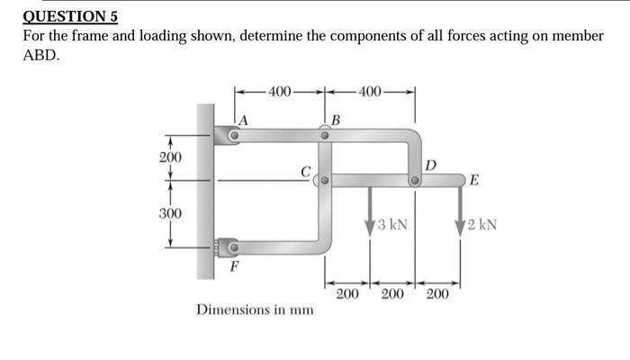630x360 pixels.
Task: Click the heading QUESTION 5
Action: click(x=69, y=16)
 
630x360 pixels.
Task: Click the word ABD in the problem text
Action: click(x=40, y=54)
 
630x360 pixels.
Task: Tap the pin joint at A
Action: click(x=235, y=136)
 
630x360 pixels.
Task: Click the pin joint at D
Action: click(x=415, y=181)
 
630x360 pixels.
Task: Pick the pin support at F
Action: click(x=233, y=247)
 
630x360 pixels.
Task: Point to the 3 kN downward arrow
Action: click(x=370, y=212)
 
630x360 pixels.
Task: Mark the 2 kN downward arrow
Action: click(x=461, y=212)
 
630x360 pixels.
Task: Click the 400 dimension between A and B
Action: click(x=280, y=91)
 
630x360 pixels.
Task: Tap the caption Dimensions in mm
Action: click(x=255, y=310)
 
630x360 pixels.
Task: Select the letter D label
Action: click(x=430, y=165)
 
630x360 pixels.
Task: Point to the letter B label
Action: click(x=336, y=120)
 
